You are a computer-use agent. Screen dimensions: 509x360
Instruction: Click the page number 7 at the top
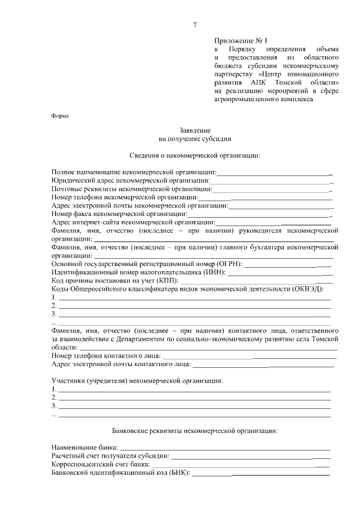(195, 25)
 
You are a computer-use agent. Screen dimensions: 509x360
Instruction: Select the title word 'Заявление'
(195, 129)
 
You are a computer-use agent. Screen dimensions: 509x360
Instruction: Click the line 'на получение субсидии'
(195, 138)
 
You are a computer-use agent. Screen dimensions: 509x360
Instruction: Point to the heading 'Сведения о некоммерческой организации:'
(195, 155)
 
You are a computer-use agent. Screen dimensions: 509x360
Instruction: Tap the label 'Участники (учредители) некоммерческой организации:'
(137, 381)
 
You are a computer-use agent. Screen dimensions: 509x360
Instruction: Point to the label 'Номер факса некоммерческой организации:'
(119, 214)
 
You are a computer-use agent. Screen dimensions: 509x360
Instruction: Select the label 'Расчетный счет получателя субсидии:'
(110, 456)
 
